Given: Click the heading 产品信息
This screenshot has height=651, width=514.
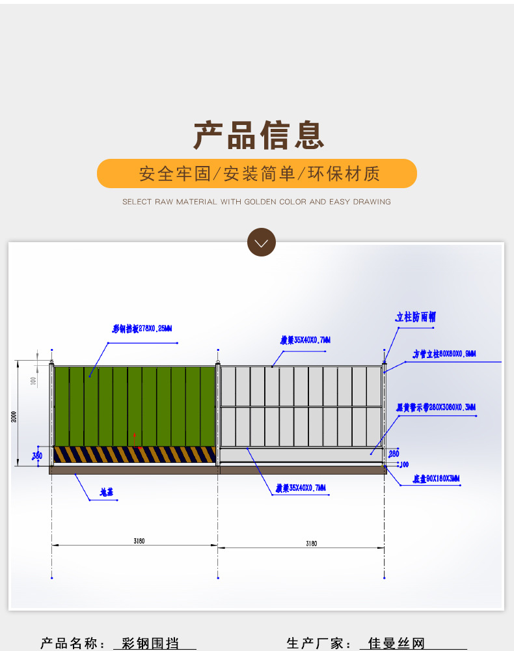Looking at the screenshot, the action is coord(259,135).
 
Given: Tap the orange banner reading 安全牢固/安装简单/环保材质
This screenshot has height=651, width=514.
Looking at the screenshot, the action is coord(257,174).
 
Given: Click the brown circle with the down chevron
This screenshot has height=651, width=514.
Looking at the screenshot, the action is coord(262,243).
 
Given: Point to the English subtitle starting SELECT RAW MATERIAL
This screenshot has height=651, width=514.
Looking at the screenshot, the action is coord(256,202).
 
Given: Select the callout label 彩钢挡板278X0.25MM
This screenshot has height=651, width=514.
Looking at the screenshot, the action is coord(142,329).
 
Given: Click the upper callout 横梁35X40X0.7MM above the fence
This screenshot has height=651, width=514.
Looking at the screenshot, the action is coord(305,340).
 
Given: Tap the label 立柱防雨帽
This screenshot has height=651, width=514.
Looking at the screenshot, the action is coord(416,317).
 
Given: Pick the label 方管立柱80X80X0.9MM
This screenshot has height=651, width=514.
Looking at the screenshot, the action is coord(444,354).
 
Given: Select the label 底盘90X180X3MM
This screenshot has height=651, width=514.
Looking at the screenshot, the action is coord(436,479).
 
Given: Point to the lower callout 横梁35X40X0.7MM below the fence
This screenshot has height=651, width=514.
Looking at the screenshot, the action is coord(301,488).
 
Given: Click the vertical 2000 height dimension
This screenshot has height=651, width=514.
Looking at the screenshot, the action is coord(14,417).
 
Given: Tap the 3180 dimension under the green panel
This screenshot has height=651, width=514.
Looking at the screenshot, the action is coord(138,541).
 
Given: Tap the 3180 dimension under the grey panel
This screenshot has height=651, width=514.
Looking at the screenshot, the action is coord(311,544).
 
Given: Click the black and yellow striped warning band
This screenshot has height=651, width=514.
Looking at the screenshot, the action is coord(134,454).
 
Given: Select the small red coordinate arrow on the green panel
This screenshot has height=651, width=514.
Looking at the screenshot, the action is coord(135,441).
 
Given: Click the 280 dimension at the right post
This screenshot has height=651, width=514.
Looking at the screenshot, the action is coord(394,453).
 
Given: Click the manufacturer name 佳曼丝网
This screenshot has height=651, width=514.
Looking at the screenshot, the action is coord(396,644).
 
